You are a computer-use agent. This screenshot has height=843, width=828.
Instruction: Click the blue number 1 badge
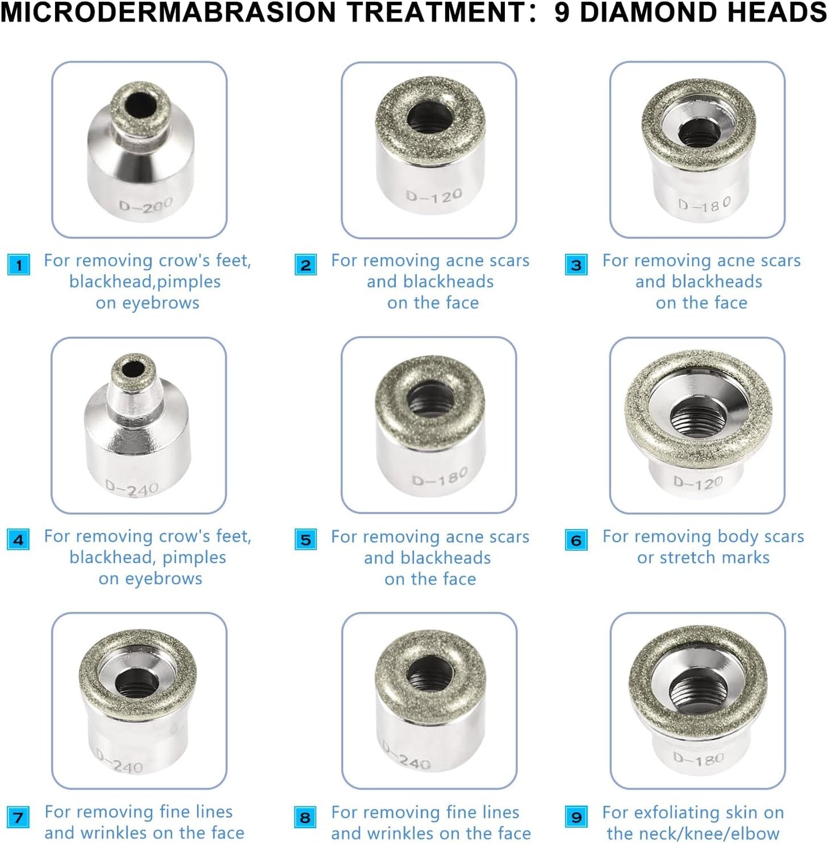[x=19, y=265]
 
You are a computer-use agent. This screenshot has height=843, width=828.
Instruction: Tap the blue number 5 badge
[x=305, y=540]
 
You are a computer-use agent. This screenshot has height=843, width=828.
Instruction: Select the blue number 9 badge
[x=576, y=817]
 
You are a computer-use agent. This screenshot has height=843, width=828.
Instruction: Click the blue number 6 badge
[x=576, y=540]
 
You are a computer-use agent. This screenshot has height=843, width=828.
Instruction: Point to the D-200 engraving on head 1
[x=146, y=205]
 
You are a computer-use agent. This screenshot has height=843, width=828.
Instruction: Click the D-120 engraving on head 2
[x=434, y=197]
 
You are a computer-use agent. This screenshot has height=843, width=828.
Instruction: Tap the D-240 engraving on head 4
[x=132, y=489]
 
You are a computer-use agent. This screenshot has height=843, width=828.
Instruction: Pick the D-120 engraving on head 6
[x=697, y=483]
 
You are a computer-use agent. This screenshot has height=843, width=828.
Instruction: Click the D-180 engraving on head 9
[x=698, y=759]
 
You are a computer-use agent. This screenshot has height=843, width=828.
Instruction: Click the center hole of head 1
[x=141, y=105]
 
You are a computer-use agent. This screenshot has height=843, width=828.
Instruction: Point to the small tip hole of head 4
[x=134, y=368]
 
